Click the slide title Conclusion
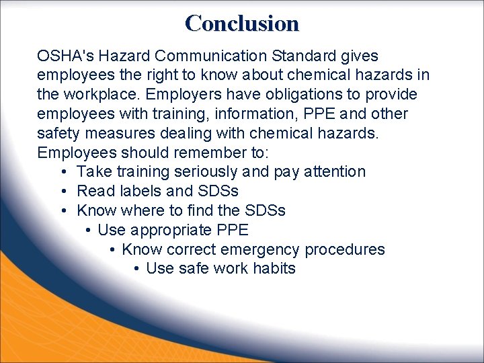tap(242, 23)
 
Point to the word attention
tap(335, 172)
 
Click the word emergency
tap(266, 250)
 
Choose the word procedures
tap(345, 250)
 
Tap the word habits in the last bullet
tap(274, 269)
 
